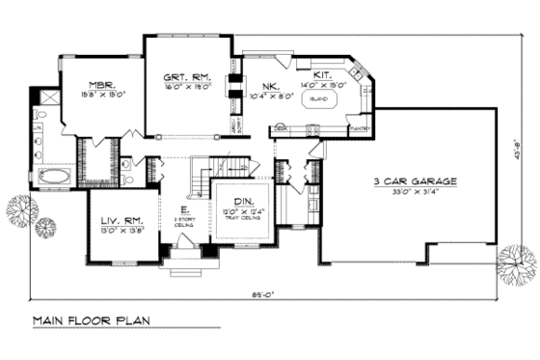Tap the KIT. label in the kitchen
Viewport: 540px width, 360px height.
pos(322,74)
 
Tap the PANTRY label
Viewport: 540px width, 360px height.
pos(360,127)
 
